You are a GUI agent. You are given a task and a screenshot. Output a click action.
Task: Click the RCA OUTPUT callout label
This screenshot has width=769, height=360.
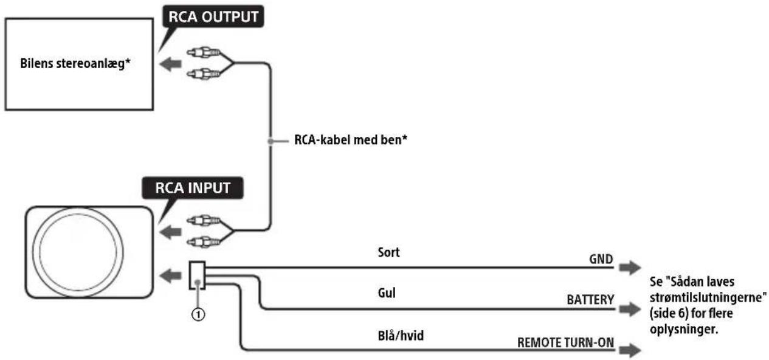213,16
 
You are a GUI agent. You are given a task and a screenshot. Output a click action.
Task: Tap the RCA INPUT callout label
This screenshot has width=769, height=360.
193,188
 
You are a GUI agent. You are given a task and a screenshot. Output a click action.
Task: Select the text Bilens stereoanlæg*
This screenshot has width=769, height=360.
75,64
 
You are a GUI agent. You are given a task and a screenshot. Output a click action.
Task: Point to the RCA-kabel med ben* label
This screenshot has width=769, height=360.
351,140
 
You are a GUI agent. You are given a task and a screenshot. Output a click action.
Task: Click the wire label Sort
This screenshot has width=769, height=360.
388,252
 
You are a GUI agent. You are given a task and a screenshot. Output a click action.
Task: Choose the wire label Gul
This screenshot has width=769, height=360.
387,293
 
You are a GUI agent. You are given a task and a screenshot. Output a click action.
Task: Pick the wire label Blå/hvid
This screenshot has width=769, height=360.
401,336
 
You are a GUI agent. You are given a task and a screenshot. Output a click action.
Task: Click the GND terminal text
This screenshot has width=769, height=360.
601,259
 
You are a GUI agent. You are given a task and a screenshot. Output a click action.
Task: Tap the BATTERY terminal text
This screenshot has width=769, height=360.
590,300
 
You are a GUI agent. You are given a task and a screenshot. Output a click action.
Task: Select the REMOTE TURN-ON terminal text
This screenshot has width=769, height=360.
565,342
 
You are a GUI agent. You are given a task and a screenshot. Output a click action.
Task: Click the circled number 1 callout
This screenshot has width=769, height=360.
198,314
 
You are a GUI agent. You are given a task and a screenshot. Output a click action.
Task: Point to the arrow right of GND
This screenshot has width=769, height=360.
630,268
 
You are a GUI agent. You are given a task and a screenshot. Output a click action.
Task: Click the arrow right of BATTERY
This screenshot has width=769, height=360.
630,309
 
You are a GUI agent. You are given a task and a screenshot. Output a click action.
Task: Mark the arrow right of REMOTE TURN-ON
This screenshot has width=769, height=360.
630,350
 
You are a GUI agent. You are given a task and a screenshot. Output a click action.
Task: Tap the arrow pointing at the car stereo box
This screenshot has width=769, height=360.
171,64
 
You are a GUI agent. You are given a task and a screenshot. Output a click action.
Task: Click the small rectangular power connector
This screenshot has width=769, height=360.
197,275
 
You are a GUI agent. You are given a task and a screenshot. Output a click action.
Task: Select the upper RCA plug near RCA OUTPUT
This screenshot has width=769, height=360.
203,52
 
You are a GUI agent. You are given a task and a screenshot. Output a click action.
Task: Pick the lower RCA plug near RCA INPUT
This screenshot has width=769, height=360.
203,242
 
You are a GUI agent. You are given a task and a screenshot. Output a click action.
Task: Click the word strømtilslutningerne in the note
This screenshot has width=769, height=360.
708,297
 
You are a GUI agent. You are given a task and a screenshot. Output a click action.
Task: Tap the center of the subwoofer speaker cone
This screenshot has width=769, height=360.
78,252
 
